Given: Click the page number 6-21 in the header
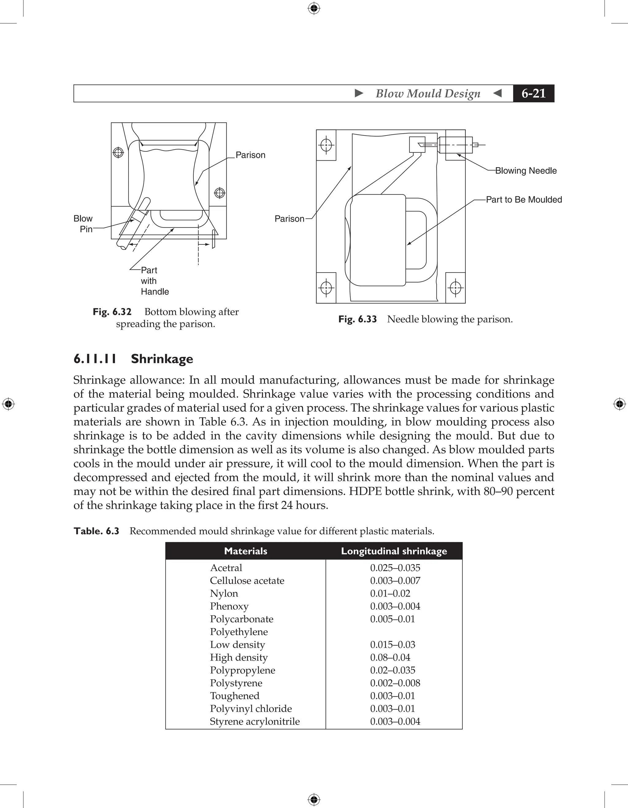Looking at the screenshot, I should click(x=533, y=93).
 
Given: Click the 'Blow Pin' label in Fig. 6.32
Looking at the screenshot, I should click(x=83, y=224).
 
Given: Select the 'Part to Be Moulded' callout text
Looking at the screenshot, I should click(x=524, y=200).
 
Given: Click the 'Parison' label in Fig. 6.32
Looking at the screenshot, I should click(x=250, y=155).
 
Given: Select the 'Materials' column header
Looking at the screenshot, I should click(x=245, y=551).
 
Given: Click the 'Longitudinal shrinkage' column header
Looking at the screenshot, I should click(x=394, y=551).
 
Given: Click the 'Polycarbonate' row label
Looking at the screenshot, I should click(x=241, y=619).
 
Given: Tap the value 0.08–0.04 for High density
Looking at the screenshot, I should click(x=390, y=657).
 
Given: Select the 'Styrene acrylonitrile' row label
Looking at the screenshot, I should click(x=255, y=722).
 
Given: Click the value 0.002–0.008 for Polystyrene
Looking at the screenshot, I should click(x=395, y=683).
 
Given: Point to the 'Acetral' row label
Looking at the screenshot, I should click(x=226, y=568).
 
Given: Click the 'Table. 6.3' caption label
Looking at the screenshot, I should click(x=96, y=531).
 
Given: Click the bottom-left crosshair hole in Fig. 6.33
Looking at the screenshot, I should click(x=326, y=288).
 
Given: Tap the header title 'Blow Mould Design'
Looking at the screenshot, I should click(x=428, y=93).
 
